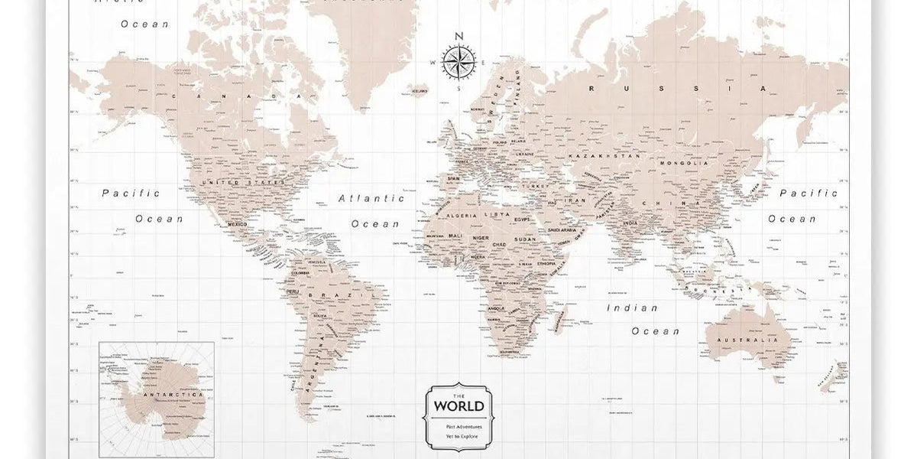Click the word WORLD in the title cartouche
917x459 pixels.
[x=458, y=405]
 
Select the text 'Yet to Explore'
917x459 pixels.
[x=458, y=435]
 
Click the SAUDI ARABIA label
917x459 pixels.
[x=562, y=229]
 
